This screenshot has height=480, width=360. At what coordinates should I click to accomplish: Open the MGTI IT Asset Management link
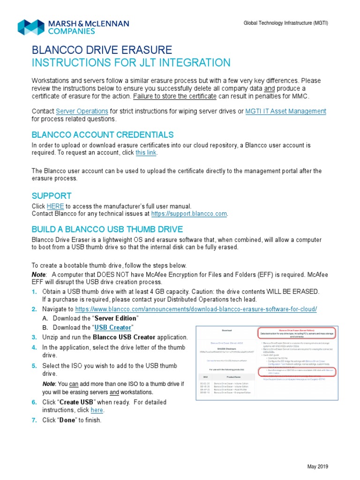(x=285, y=111)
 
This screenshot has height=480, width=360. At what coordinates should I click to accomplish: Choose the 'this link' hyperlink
(x=146, y=153)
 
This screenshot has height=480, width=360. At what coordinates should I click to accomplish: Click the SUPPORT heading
(x=52, y=195)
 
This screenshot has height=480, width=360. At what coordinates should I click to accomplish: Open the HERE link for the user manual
(x=55, y=206)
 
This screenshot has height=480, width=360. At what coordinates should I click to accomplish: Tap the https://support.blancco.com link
(x=189, y=214)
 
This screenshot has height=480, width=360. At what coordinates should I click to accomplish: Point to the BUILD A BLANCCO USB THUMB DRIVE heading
(x=107, y=229)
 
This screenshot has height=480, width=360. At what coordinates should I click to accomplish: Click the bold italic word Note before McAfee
(x=39, y=274)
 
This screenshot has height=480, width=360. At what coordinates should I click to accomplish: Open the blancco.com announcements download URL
(x=196, y=309)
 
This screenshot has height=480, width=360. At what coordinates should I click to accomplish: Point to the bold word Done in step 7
(x=67, y=420)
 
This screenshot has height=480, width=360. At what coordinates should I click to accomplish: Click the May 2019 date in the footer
(x=317, y=466)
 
